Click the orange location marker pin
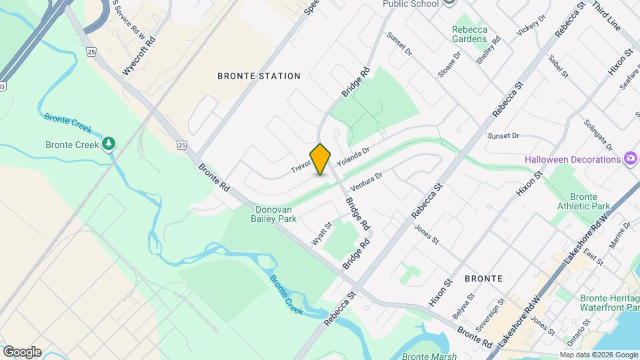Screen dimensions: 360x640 (321, 159)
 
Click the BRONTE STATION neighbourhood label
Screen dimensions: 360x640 (259, 76)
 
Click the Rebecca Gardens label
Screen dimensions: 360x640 (469, 34)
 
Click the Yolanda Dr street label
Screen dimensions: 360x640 (353, 158)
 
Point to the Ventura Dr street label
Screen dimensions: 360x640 (367, 182)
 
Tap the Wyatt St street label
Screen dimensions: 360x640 (321, 233)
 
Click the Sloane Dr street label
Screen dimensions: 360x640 (449, 63)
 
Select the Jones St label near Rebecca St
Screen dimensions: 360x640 (426, 234)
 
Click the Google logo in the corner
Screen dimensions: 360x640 (22, 351)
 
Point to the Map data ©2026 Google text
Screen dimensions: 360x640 (598, 355)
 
